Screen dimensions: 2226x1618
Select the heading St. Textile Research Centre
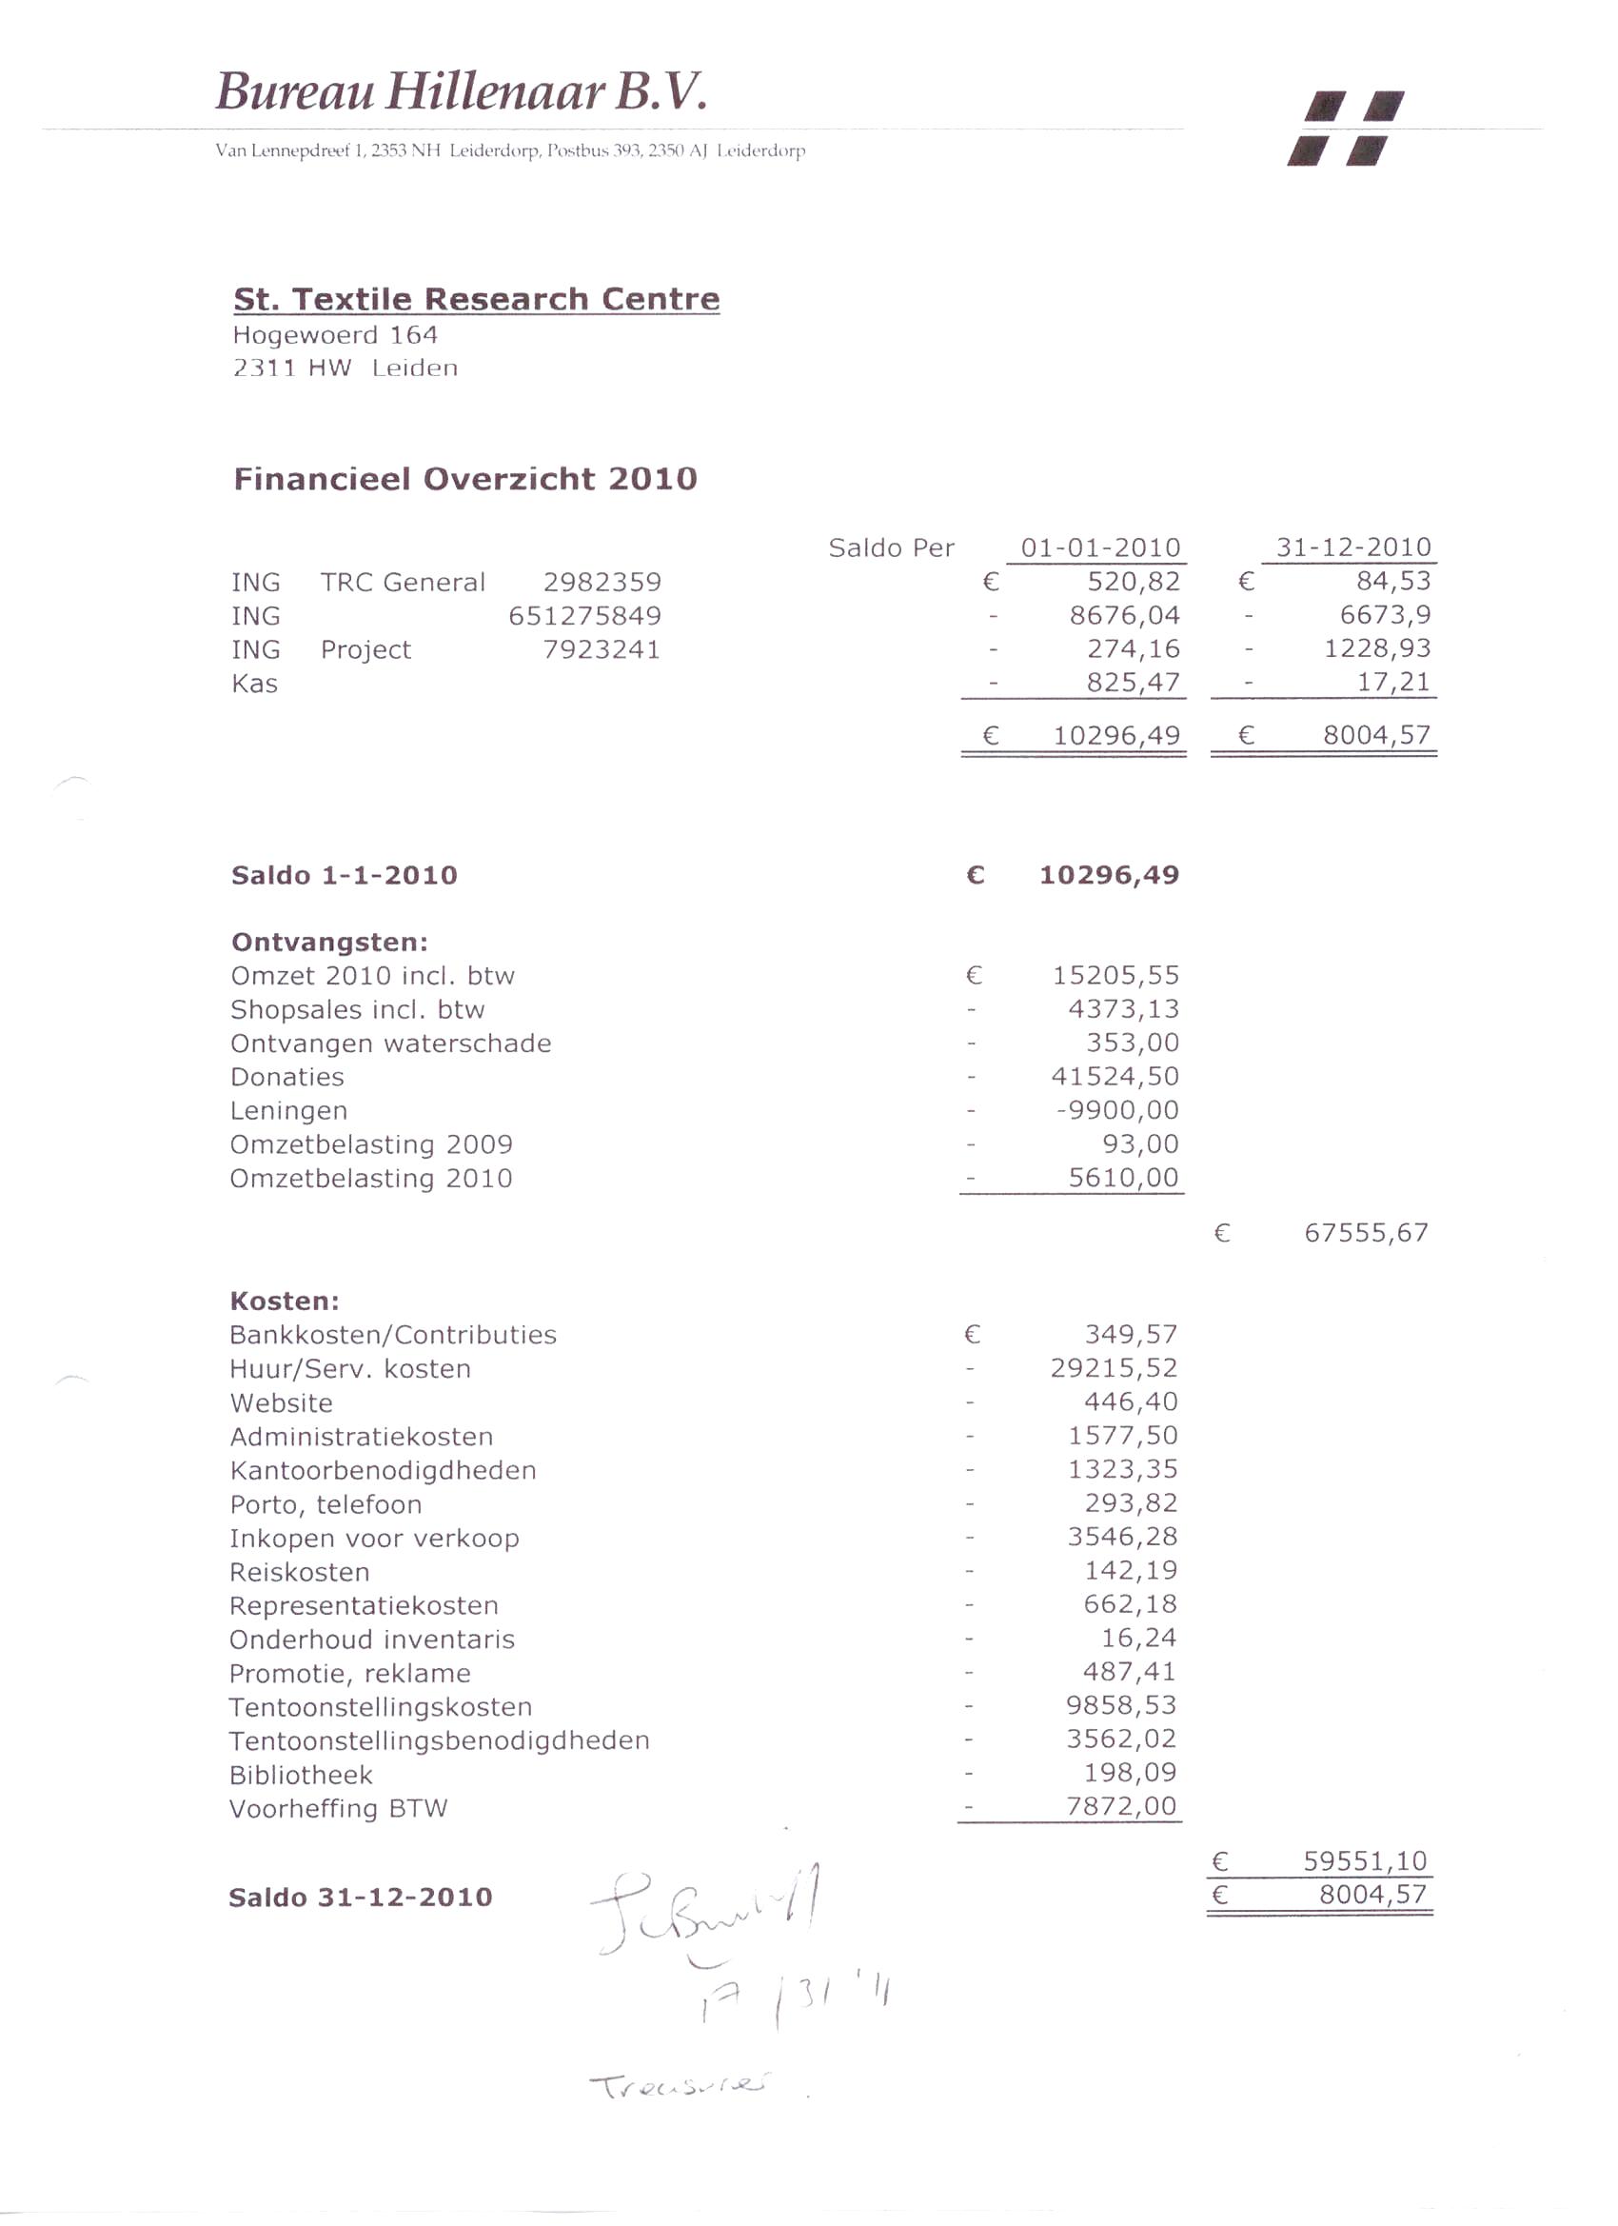[x=476, y=298]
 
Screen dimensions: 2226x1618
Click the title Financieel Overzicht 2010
[x=465, y=479]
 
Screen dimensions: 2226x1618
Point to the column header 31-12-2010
[x=1353, y=547]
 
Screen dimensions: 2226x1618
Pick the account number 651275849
[x=584, y=616]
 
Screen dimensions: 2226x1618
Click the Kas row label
[x=255, y=685]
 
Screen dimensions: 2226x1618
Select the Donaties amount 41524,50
[x=1115, y=1077]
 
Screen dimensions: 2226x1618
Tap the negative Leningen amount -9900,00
[x=1116, y=1110]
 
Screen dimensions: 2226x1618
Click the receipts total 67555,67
[x=1366, y=1233]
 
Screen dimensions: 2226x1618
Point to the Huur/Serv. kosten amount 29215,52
[x=1114, y=1368]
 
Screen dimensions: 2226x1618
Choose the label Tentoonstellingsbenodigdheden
[x=439, y=1741]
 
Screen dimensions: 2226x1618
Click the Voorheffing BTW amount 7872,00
[x=1120, y=1806]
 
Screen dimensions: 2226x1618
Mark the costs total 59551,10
[x=1365, y=1861]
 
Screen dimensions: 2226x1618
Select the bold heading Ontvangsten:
[x=329, y=943]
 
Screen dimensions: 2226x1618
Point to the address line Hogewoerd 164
[x=335, y=336]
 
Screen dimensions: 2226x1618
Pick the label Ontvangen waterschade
[x=390, y=1043]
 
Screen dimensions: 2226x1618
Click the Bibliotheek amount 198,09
[x=1130, y=1773]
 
